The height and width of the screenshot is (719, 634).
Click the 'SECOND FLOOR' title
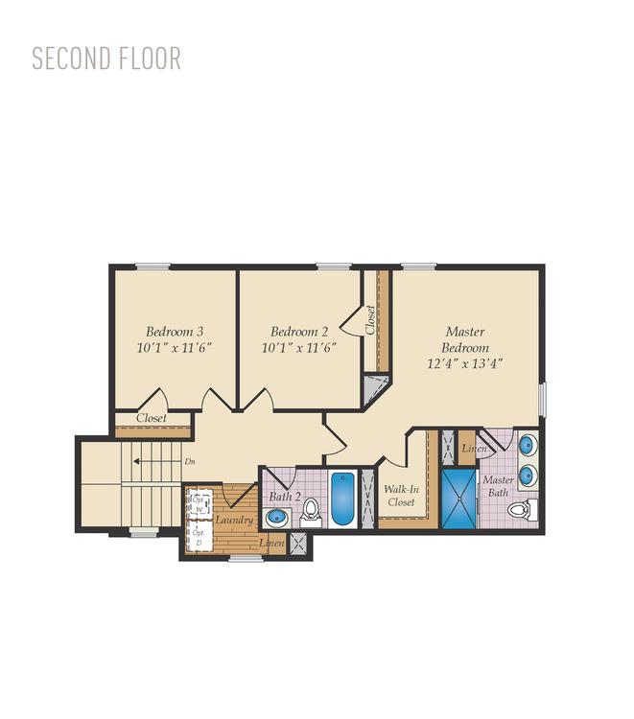[106, 58]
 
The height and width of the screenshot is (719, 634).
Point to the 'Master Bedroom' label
[465, 339]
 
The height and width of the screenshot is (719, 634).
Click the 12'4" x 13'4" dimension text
[465, 363]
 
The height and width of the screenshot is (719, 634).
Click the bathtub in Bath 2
[343, 499]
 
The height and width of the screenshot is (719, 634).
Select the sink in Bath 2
[276, 518]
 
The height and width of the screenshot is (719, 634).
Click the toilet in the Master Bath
[521, 509]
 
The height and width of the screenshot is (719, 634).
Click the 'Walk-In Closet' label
[400, 495]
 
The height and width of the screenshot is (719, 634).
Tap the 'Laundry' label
[234, 520]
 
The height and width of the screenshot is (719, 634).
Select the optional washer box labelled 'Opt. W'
[200, 504]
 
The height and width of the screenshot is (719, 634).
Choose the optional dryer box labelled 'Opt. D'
[199, 538]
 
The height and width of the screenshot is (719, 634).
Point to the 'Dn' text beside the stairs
[189, 461]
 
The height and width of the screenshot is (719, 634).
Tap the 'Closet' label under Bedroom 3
[151, 418]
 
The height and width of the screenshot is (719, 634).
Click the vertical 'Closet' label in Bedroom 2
[369, 319]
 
